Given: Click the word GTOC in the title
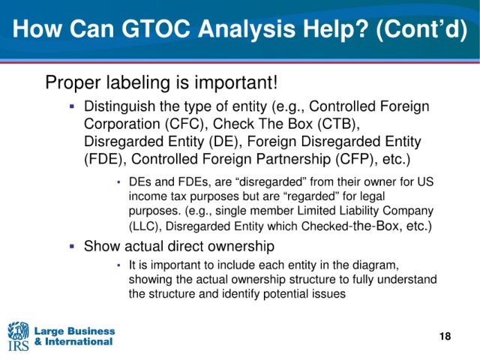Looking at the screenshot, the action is tap(157, 28).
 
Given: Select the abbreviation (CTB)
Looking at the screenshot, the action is tap(338, 124).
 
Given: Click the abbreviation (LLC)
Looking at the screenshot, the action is tap(145, 226).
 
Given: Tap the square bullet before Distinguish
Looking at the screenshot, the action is tap(72, 106).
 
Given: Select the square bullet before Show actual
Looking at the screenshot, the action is tap(72, 246).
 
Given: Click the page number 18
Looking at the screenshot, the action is tap(445, 337).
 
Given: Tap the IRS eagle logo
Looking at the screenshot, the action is tap(18, 336).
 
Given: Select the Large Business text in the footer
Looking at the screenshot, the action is tap(74, 331).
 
